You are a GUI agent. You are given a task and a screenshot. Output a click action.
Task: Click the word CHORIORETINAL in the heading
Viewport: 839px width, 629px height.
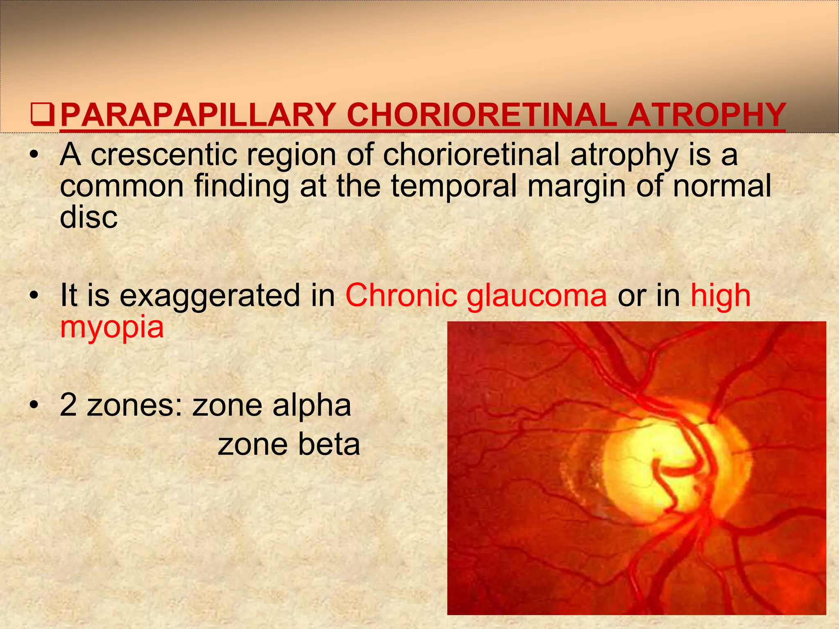click(481, 115)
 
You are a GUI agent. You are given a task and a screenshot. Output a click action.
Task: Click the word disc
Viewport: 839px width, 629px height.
click(88, 217)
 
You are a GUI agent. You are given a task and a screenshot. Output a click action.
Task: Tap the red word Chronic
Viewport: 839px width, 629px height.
click(401, 296)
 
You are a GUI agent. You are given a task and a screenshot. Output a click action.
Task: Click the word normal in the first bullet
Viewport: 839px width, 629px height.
click(722, 187)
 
